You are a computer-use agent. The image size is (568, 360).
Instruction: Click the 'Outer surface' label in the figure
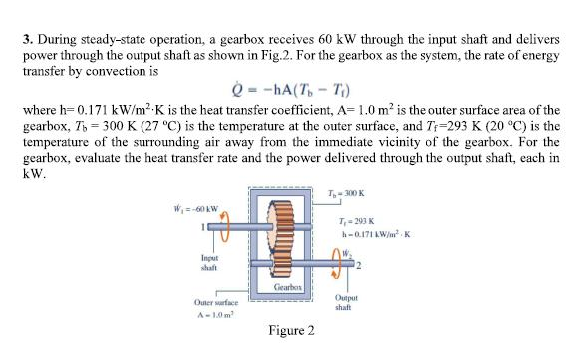pos(190,299)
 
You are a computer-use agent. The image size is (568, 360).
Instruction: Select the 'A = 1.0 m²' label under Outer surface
pos(189,312)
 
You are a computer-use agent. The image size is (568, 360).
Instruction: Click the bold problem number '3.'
pos(26,39)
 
